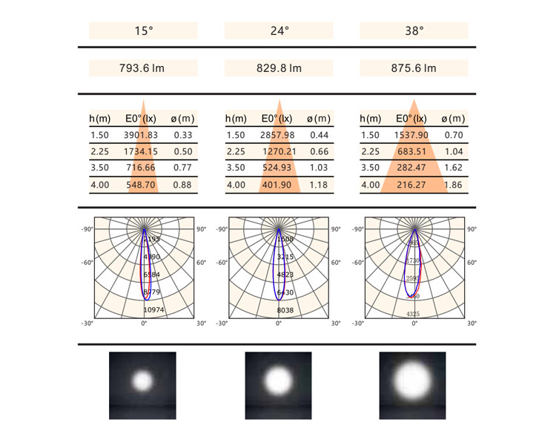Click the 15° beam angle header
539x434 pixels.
click(x=143, y=31)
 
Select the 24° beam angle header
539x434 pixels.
click(x=280, y=31)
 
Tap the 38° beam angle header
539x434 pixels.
click(x=414, y=31)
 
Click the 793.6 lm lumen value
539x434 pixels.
click(x=143, y=68)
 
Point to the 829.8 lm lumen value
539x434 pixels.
click(x=280, y=68)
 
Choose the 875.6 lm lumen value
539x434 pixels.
click(x=414, y=68)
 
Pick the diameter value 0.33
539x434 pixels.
click(x=182, y=135)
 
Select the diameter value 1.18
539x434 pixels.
click(x=318, y=185)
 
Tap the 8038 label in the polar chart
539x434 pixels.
click(x=285, y=309)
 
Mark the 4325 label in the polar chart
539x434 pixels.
click(x=414, y=315)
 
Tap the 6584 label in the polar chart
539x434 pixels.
click(x=151, y=274)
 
